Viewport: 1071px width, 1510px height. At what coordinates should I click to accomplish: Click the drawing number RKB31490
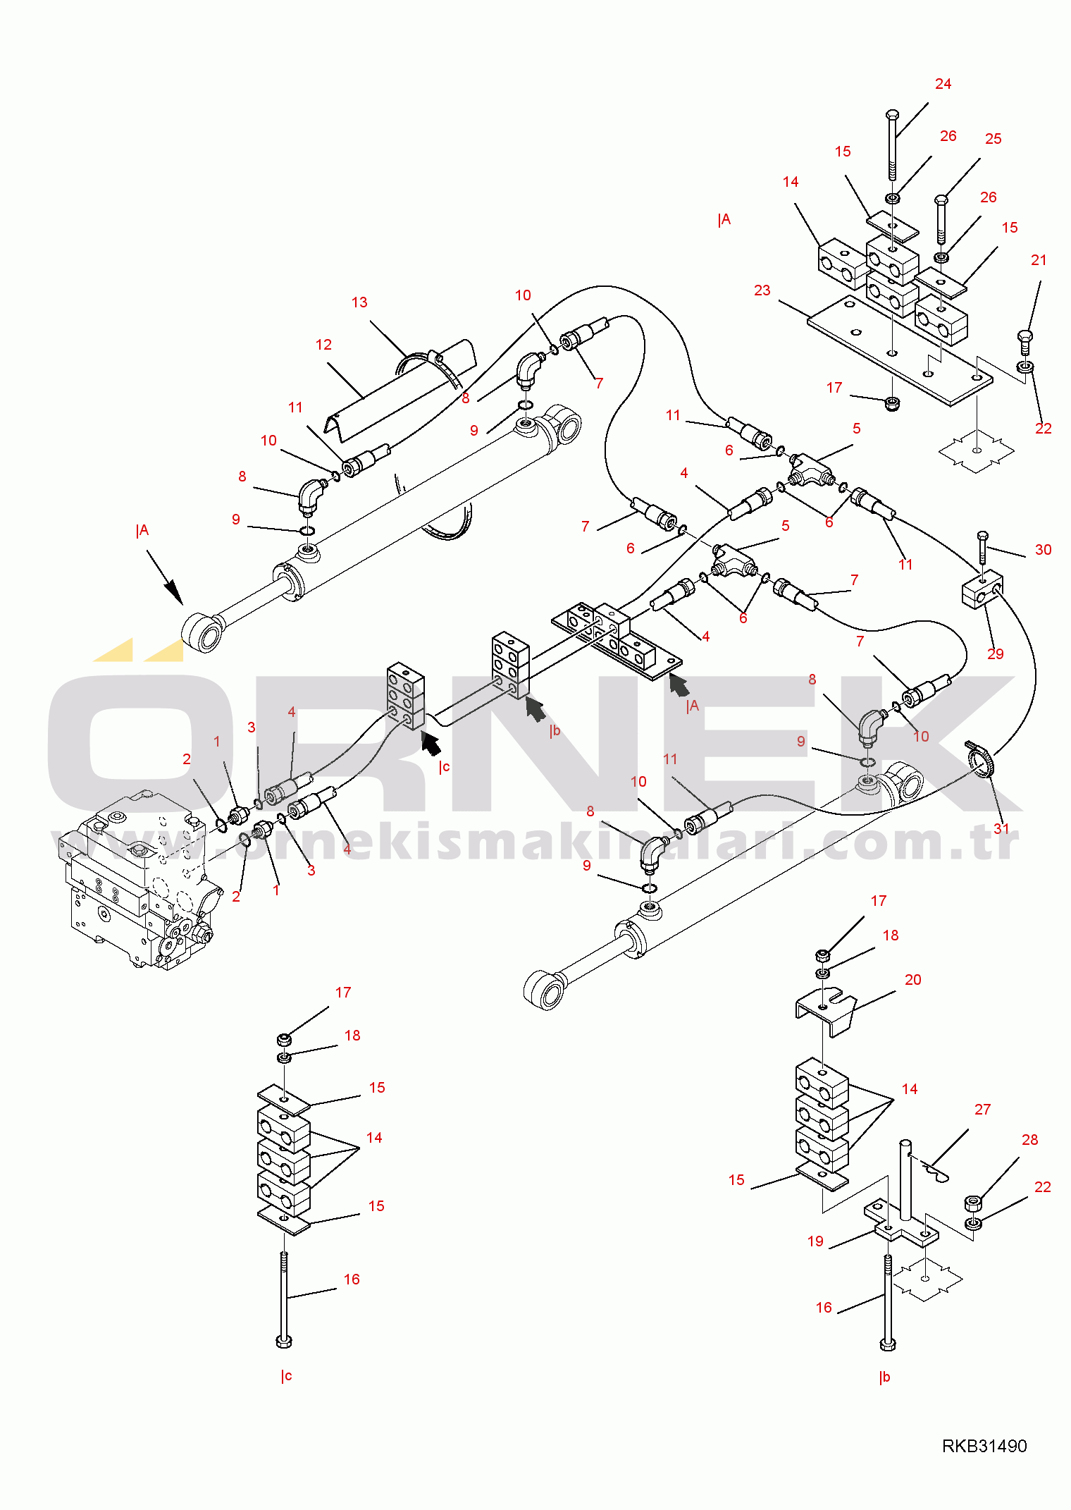click(984, 1446)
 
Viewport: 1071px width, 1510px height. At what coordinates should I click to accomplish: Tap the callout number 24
click(943, 84)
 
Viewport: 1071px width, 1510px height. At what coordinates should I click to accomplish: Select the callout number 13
click(359, 302)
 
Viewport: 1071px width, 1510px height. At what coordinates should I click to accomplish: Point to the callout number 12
click(323, 345)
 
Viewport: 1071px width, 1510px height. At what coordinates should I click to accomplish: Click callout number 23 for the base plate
click(762, 290)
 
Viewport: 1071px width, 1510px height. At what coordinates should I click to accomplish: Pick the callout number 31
click(1001, 828)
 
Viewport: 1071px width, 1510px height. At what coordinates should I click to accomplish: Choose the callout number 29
click(995, 654)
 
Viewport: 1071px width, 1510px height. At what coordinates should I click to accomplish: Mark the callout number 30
click(1043, 550)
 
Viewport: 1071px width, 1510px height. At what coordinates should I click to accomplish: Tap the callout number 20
click(912, 980)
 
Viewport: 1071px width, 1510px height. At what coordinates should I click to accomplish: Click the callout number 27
click(982, 1110)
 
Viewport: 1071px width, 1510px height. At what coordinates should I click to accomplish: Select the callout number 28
click(1029, 1140)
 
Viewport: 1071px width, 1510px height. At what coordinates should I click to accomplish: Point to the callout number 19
click(815, 1241)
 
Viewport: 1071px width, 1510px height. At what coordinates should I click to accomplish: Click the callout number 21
click(1039, 260)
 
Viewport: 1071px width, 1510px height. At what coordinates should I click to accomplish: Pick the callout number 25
click(993, 139)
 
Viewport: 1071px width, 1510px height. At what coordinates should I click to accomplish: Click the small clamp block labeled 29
click(982, 591)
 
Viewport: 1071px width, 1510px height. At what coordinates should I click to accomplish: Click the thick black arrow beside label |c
click(431, 743)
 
